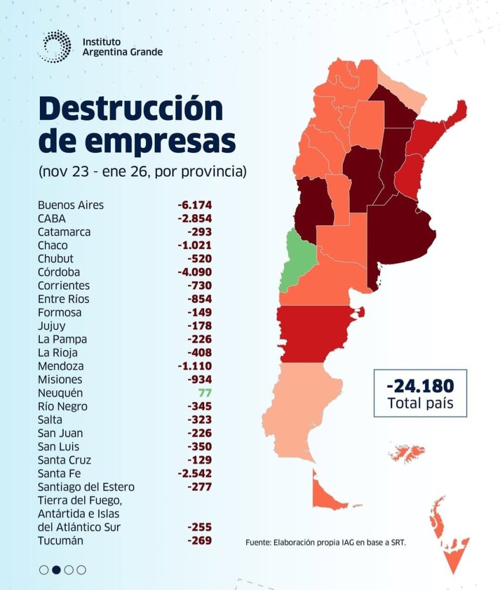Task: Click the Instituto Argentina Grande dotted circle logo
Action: point(57,47)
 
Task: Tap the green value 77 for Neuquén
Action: point(206,393)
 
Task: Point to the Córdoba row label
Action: point(59,272)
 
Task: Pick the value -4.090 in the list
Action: point(195,272)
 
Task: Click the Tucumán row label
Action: point(61,540)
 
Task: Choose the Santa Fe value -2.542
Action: point(195,473)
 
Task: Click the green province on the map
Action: point(300,259)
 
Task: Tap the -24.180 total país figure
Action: point(420,385)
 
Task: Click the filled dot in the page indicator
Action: point(57,570)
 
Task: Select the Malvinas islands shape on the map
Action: point(407,453)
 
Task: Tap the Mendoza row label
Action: point(61,366)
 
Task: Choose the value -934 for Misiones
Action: point(200,379)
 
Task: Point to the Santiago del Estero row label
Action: point(86,487)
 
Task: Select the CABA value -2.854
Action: point(195,218)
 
